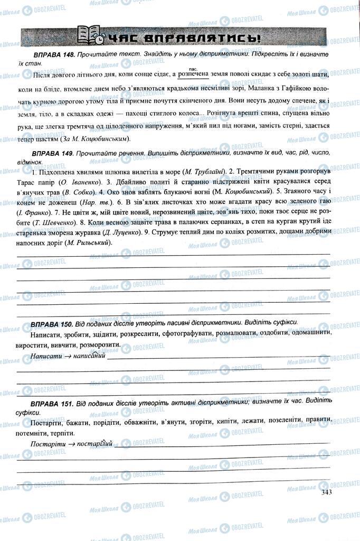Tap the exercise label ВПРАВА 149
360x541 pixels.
(52, 152)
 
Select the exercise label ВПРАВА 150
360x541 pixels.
(52, 322)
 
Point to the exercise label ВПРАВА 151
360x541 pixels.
(52, 404)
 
